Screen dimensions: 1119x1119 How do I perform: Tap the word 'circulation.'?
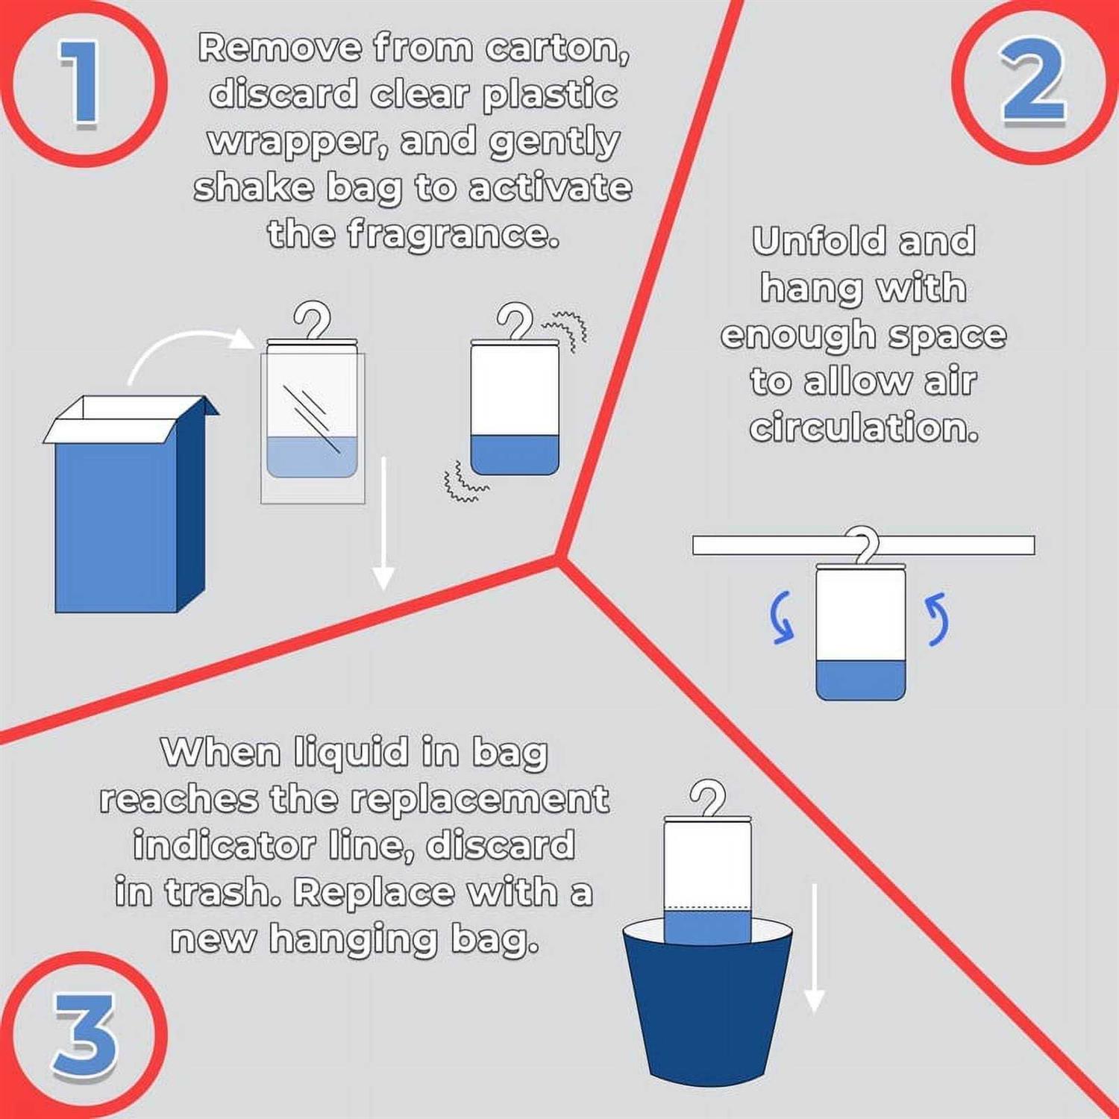click(864, 427)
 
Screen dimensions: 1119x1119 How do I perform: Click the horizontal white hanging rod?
click(863, 545)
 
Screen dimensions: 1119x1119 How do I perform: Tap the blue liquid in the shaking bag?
click(515, 454)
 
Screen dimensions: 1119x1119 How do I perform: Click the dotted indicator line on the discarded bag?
click(707, 909)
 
